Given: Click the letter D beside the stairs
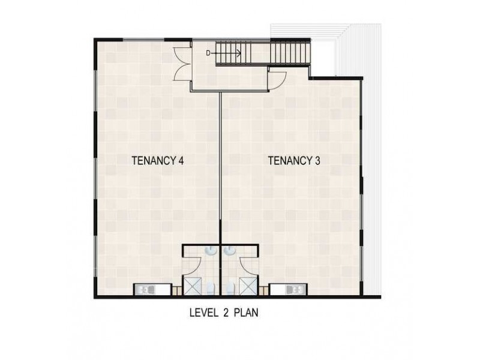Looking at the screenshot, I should (208, 53).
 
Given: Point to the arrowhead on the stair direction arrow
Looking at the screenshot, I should (239, 53).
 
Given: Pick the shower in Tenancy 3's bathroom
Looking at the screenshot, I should (246, 287).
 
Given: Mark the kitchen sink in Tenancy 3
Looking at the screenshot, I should (293, 290).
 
